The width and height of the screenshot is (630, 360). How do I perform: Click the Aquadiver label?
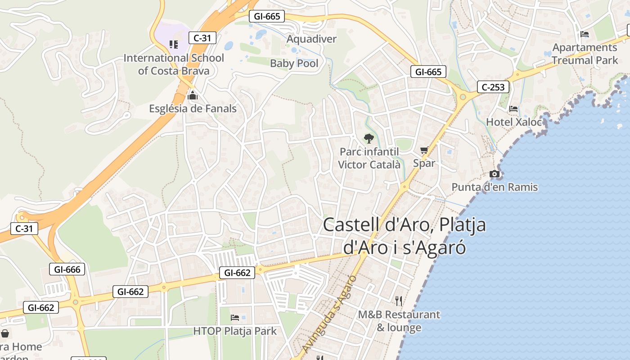click(x=311, y=39)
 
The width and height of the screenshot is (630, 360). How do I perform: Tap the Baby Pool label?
click(x=294, y=63)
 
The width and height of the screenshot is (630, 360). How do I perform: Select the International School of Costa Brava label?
click(x=174, y=64)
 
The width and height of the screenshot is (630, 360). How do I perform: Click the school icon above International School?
click(x=174, y=44)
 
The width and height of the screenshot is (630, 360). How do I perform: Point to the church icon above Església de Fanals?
click(x=193, y=95)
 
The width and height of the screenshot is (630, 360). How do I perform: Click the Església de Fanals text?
click(x=193, y=108)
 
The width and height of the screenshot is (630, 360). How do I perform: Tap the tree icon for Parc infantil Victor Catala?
click(x=369, y=138)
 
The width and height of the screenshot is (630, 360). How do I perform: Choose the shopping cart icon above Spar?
click(x=424, y=150)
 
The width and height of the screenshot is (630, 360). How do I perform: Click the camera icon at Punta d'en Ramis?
click(x=495, y=174)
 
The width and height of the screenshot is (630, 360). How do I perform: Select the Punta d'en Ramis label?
click(x=495, y=187)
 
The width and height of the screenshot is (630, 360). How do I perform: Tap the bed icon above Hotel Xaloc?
click(x=513, y=109)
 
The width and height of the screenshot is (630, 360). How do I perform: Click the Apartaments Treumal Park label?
click(x=585, y=54)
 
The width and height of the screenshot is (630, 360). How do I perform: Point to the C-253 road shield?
click(x=493, y=87)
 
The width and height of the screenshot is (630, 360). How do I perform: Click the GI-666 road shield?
click(x=67, y=270)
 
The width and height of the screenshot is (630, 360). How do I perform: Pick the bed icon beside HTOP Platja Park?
click(x=235, y=318)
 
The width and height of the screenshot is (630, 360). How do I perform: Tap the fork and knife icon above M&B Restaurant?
click(x=398, y=301)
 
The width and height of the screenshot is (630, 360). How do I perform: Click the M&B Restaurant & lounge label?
click(x=399, y=321)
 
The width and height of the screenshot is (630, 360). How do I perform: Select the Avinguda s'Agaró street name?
click(x=329, y=314)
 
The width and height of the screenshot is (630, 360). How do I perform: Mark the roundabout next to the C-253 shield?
click(x=462, y=96)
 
